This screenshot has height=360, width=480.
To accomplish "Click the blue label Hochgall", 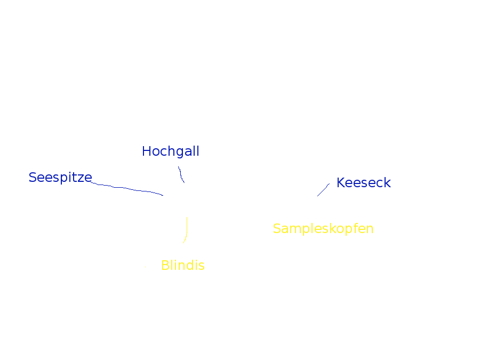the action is point(171,151).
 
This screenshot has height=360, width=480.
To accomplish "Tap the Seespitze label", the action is point(60,178).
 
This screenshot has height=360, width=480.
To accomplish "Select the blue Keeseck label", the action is point(364,183).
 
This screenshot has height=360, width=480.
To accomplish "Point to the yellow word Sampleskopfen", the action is point(323,229).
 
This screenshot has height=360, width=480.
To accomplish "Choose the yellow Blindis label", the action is point(183,265).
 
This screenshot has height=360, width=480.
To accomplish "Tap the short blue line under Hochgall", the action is point(181,174).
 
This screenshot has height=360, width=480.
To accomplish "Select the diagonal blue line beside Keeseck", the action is point(324,190).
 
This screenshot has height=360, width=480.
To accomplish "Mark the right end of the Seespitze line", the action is point(163,195).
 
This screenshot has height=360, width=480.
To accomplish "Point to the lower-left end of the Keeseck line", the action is point(317,196).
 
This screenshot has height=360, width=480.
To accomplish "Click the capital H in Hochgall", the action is point(147,151).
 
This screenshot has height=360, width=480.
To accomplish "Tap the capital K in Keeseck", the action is point(341,183).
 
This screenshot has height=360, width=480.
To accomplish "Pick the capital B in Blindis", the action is point(165,265).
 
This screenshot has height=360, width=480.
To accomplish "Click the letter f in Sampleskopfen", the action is point(355,228).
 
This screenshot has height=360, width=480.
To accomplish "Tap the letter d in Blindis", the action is point(191,265).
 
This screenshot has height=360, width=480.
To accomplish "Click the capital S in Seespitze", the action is point(33,178).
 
